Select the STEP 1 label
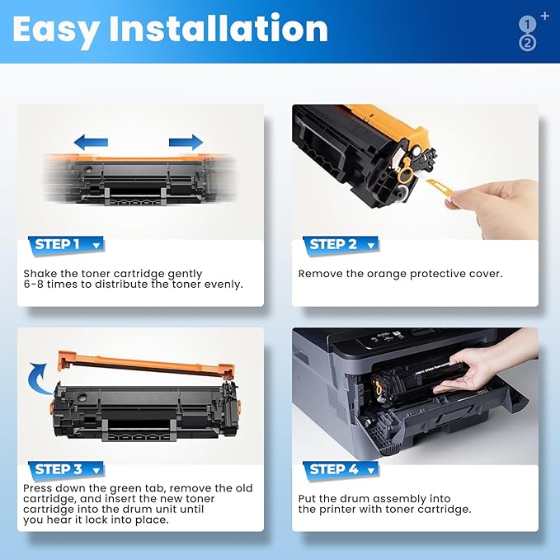(58, 244)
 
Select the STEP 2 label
(334, 244)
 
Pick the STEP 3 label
(59, 469)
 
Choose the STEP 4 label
(334, 469)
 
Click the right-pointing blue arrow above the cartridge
(186, 142)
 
